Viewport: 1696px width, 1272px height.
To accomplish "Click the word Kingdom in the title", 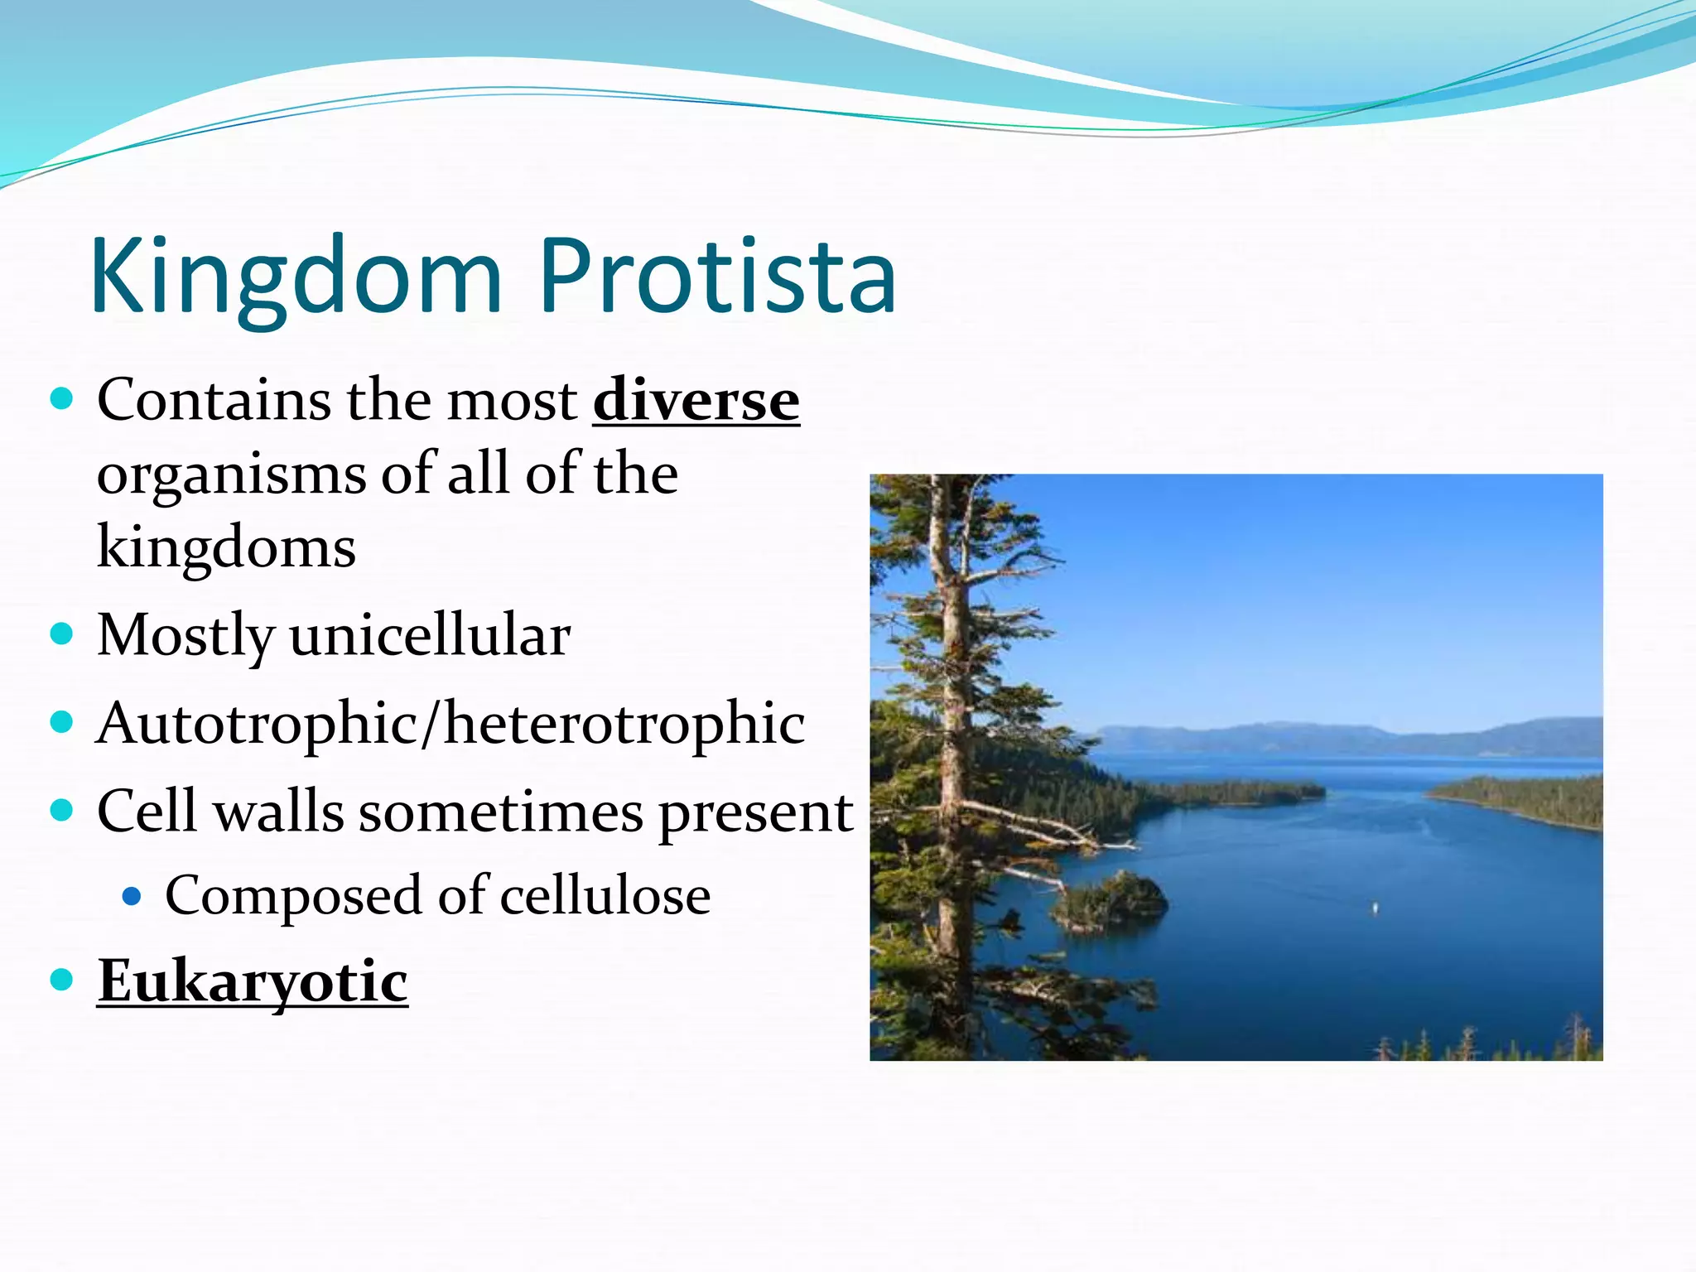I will tap(296, 277).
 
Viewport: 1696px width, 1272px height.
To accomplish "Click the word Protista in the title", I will tap(717, 277).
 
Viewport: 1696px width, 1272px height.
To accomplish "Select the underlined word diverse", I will tap(696, 401).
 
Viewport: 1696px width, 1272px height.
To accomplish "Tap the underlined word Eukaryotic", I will tap(253, 981).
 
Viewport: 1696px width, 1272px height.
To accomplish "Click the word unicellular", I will tap(430, 636).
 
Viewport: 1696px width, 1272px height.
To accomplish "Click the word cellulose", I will tap(605, 896).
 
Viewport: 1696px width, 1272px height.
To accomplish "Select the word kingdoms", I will tap(226, 548).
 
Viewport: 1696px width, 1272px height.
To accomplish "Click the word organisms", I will tap(231, 475).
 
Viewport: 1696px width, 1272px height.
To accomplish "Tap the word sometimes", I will tap(500, 812).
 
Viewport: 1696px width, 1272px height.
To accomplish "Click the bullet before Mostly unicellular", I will tap(62, 634).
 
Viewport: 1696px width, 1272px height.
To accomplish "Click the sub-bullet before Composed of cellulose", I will tap(132, 895).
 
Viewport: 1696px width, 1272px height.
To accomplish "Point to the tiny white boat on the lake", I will tap(1376, 908).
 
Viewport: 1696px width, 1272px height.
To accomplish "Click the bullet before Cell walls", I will tap(62, 809).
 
